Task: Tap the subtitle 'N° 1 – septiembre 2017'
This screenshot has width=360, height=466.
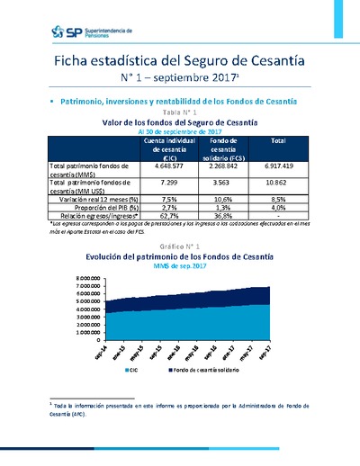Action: (x=181, y=79)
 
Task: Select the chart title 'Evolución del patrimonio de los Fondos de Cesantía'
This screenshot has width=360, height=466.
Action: (x=181, y=256)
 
